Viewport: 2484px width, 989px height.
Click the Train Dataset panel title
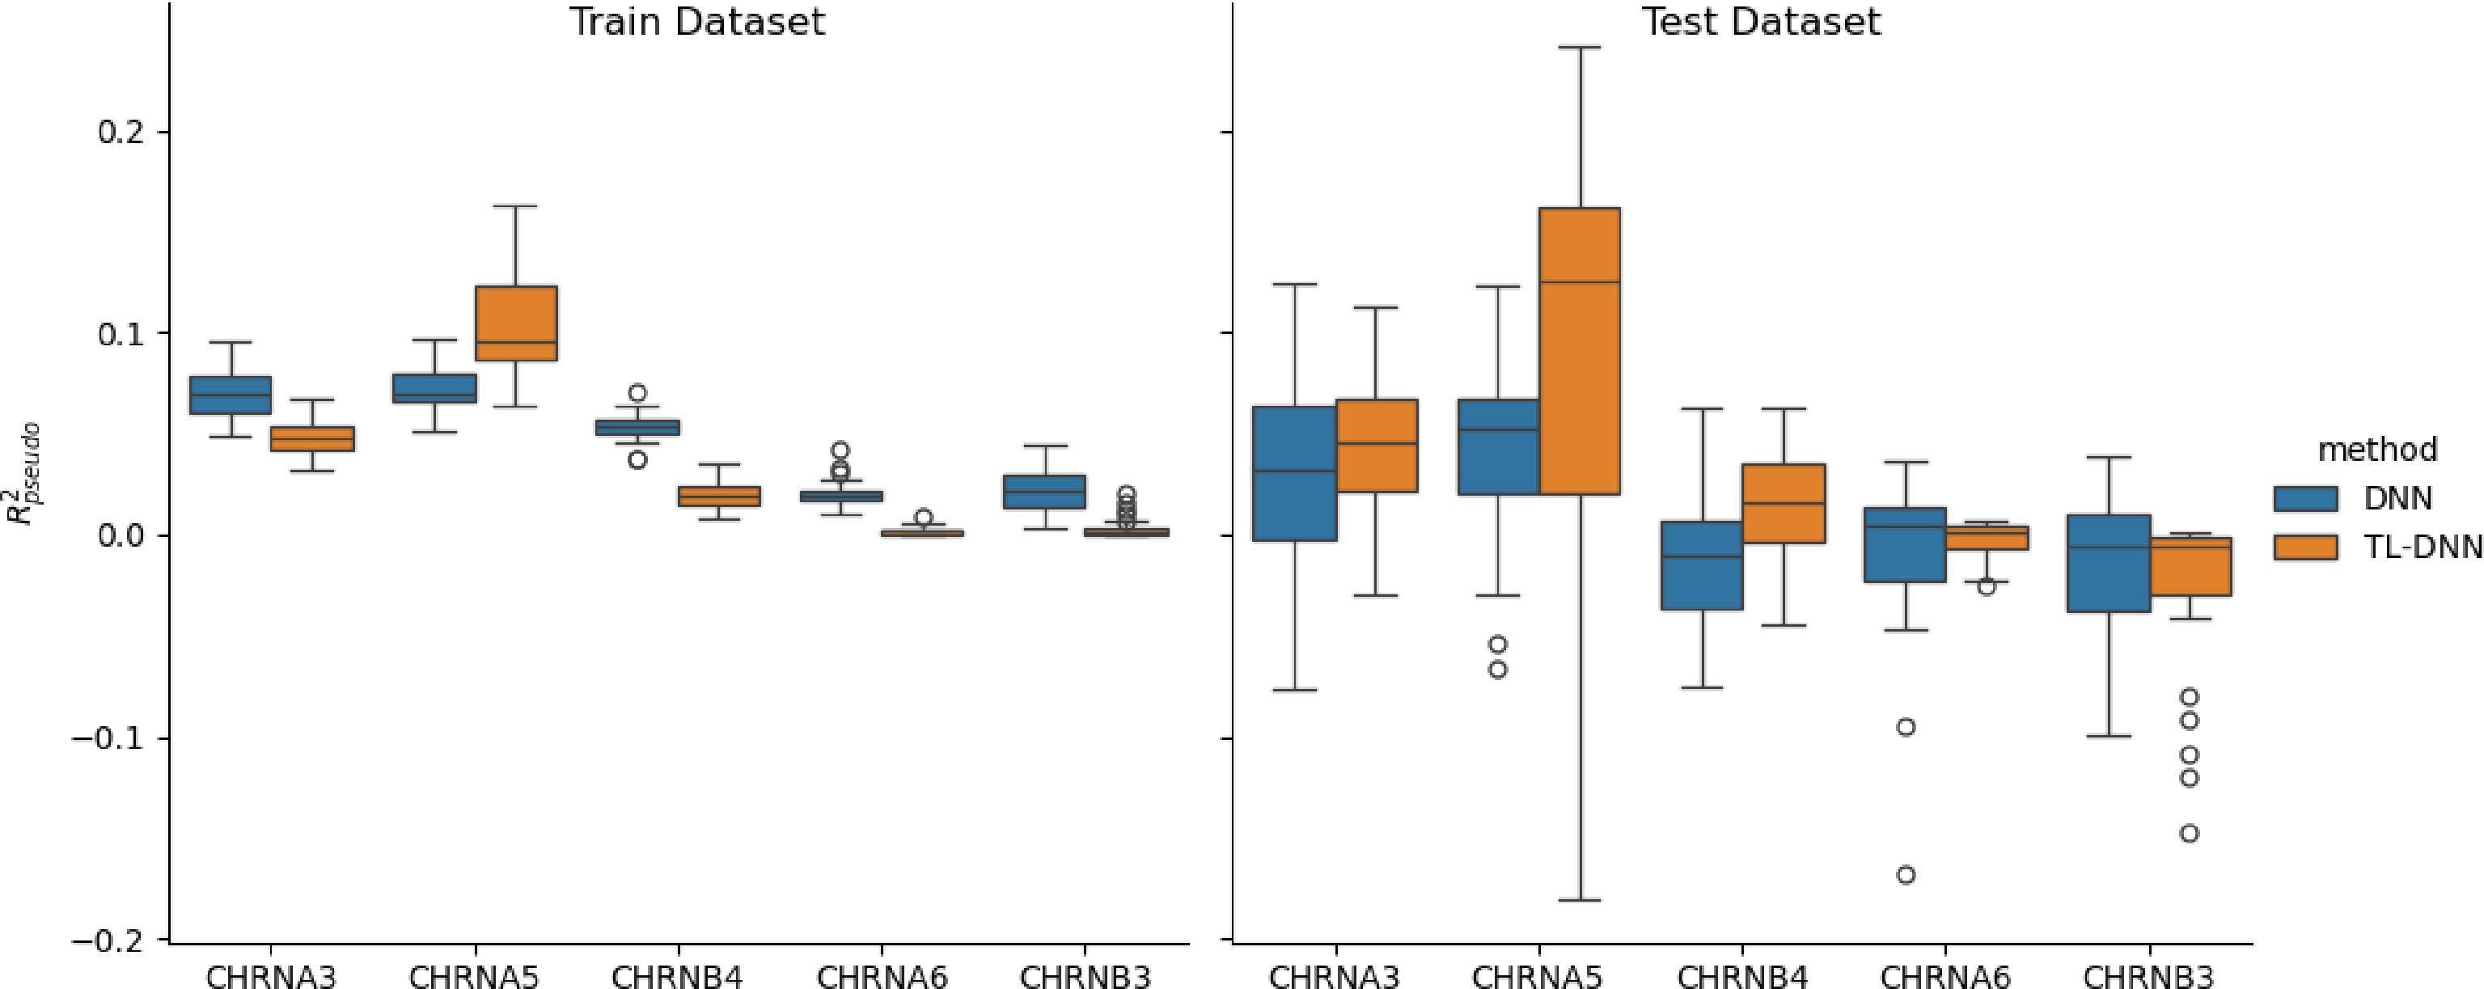[696, 21]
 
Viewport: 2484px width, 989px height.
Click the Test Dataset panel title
[1760, 21]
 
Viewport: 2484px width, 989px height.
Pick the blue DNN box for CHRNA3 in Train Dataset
[230, 395]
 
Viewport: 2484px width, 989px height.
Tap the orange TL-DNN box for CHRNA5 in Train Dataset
[516, 323]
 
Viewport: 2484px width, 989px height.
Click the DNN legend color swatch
[2304, 498]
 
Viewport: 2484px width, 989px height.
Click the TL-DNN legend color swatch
[2304, 547]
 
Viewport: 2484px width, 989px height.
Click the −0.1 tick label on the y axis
[111, 738]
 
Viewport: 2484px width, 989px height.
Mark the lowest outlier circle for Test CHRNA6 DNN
[1906, 875]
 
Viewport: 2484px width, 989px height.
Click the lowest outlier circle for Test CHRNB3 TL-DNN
[2189, 833]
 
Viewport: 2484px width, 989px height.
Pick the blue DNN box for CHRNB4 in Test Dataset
[1701, 565]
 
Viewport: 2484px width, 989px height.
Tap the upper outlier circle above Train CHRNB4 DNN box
[637, 393]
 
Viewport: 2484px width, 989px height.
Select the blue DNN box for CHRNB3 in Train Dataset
[1044, 492]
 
